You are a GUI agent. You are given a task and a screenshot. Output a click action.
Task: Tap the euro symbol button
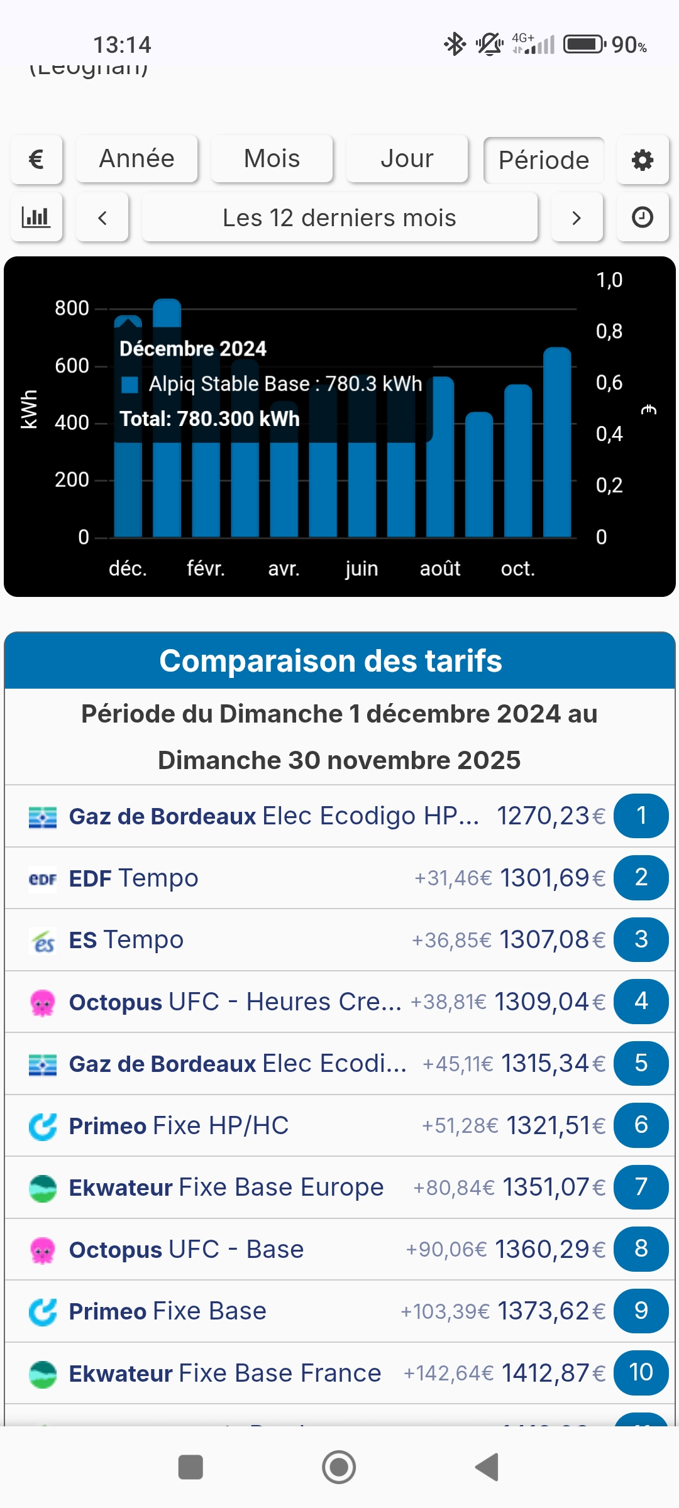[36, 160]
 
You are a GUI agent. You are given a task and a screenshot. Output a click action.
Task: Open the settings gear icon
[643, 160]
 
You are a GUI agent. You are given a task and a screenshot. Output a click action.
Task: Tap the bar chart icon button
[36, 218]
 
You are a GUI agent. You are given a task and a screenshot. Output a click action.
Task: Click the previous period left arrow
[102, 218]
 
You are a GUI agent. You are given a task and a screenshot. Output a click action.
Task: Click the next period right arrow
[577, 218]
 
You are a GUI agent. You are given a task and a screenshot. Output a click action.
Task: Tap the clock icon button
[643, 218]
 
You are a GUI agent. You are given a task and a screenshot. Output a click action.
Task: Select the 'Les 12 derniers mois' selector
[339, 218]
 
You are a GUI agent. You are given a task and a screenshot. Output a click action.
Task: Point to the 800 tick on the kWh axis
[72, 309]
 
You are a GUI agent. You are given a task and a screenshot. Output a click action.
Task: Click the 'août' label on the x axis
[440, 569]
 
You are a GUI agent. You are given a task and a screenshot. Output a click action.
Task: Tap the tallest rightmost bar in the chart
[557, 443]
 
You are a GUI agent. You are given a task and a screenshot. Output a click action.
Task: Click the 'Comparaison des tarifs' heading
[331, 661]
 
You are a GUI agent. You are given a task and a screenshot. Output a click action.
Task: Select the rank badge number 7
[641, 1187]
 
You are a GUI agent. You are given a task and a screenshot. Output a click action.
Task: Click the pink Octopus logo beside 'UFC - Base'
[43, 1250]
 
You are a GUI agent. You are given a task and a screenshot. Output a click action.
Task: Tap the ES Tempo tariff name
[126, 940]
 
